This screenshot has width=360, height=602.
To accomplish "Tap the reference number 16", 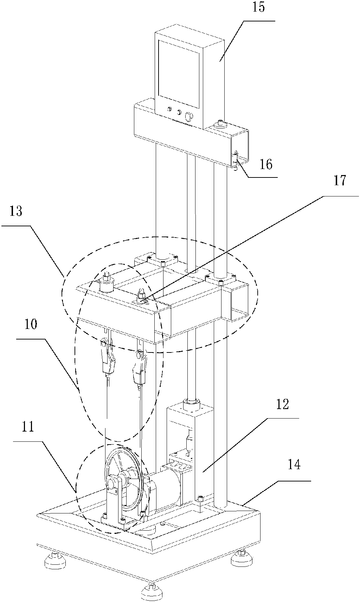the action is pyautogui.click(x=266, y=164).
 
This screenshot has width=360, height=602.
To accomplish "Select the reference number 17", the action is pyautogui.click(x=340, y=181).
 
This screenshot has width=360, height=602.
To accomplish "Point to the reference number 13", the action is pyautogui.click(x=16, y=211).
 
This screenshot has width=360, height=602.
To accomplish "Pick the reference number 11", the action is pyautogui.click(x=28, y=427).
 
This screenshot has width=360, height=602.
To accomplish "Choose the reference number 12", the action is pyautogui.click(x=282, y=404).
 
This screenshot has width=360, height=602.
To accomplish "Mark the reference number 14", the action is pyautogui.click(x=294, y=465).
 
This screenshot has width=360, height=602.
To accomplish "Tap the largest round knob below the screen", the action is pyautogui.click(x=189, y=116).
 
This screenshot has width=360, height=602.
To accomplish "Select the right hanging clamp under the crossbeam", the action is pyautogui.click(x=140, y=367).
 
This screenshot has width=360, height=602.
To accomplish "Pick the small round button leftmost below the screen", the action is pyautogui.click(x=169, y=109).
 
